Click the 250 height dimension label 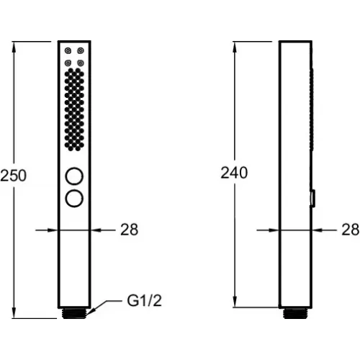(13, 176)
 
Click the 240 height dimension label (234, 173)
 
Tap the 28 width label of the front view (130, 230)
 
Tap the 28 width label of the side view (351, 230)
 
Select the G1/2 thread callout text (145, 300)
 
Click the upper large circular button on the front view (74, 176)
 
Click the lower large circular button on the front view (74, 198)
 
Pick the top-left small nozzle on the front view (68, 50)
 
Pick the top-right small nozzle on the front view (81, 50)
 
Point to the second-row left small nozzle (68, 63)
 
